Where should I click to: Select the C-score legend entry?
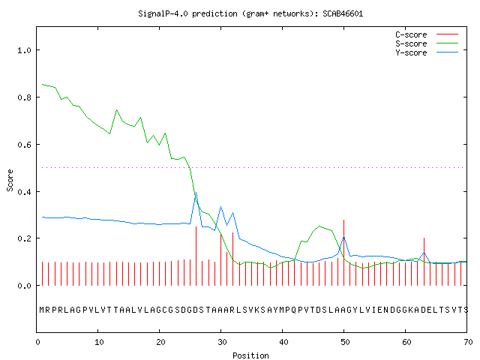pos(427,34)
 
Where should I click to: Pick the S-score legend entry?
pos(427,43)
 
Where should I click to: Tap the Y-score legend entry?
pos(427,52)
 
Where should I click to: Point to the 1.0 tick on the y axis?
pos(25,50)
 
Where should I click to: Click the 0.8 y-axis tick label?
pos(25,97)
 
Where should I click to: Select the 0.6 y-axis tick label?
pos(25,145)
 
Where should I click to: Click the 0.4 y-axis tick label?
pos(25,192)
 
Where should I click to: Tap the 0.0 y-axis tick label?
pos(25,286)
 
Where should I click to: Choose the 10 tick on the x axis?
pos(98,342)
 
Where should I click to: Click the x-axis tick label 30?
pos(222,342)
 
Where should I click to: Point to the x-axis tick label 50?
pos(345,342)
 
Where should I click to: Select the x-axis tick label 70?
pos(468,342)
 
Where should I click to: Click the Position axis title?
pos(250,355)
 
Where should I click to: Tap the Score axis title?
pos(10,180)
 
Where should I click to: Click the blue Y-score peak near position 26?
pos(196,193)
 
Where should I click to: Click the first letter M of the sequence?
pos(42,310)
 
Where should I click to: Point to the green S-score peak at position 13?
pos(117,110)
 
